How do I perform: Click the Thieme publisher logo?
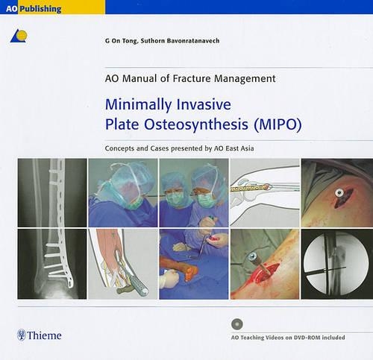coord(40,335)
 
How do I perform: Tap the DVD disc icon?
coord(236,323)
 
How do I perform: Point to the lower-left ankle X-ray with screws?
coord(51,264)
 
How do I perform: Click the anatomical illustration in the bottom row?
coord(122,264)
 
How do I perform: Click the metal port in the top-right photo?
coord(340,195)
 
